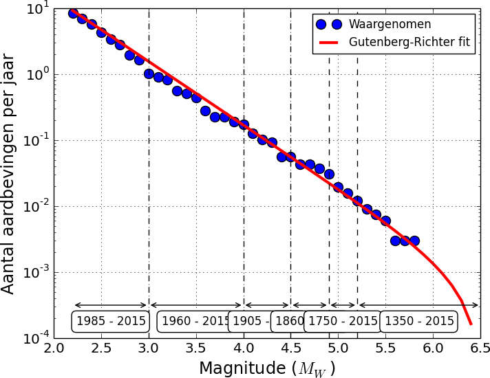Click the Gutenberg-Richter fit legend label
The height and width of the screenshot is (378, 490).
[x=409, y=42]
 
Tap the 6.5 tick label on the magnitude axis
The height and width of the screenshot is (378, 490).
[x=480, y=349]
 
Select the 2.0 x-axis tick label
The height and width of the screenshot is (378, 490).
[x=54, y=349]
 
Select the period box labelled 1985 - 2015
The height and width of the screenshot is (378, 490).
[x=111, y=321]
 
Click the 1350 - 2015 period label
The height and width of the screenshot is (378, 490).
[x=419, y=321]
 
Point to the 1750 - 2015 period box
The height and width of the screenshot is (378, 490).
[x=343, y=321]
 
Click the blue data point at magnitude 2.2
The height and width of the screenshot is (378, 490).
[x=73, y=13]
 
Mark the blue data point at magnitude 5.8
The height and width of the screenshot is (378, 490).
[x=414, y=241]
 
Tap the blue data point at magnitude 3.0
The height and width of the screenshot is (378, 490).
[x=149, y=74]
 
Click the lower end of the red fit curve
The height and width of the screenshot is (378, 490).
[x=471, y=324]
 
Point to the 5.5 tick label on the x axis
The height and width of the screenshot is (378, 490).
[x=385, y=349]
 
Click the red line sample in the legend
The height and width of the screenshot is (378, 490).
[x=329, y=43]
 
